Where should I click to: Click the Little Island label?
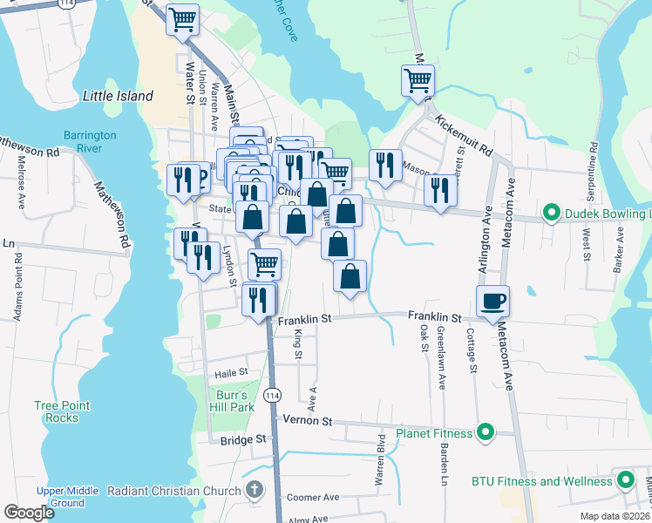tap(118, 96)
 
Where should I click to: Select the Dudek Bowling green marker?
tap(551, 213)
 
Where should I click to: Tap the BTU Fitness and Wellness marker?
tap(626, 480)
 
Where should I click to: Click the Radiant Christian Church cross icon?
tap(254, 491)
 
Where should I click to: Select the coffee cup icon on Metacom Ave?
tap(493, 302)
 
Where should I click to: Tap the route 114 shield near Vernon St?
tap(274, 395)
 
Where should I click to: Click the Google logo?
tap(29, 513)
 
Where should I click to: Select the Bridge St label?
tap(242, 440)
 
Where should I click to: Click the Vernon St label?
tap(309, 420)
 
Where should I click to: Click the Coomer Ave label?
tap(313, 497)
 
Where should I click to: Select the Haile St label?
tap(232, 372)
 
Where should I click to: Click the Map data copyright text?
tap(614, 516)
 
